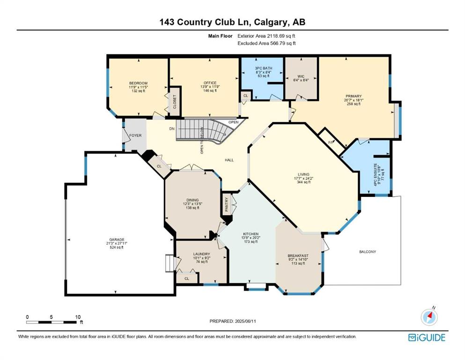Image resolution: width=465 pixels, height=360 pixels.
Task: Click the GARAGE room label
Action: point(117,239)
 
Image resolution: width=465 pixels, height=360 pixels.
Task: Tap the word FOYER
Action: point(135,135)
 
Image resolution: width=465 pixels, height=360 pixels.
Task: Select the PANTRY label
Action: point(227,204)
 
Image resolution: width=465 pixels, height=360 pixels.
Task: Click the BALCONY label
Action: point(368,252)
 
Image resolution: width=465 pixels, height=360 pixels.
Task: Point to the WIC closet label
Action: point(301,76)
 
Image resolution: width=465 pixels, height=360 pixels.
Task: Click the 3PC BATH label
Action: point(263,68)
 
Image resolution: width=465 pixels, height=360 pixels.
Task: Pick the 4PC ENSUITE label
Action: point(375,175)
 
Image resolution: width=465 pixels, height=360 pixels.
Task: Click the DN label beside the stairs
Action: point(172,128)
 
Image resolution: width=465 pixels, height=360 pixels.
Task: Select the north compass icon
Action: point(429,317)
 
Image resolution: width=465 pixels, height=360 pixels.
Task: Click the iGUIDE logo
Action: point(427,337)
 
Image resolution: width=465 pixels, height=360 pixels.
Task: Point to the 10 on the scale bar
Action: point(78,317)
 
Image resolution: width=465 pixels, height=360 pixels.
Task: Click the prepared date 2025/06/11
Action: point(244,321)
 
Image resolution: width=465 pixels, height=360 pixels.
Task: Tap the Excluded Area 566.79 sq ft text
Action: point(266,43)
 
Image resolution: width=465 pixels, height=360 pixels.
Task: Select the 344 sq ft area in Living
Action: point(303,182)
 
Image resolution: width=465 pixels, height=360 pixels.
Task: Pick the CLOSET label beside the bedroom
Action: point(174,102)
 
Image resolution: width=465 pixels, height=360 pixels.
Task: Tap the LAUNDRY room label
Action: point(202,254)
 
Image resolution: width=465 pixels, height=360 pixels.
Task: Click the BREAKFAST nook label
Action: point(298,255)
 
